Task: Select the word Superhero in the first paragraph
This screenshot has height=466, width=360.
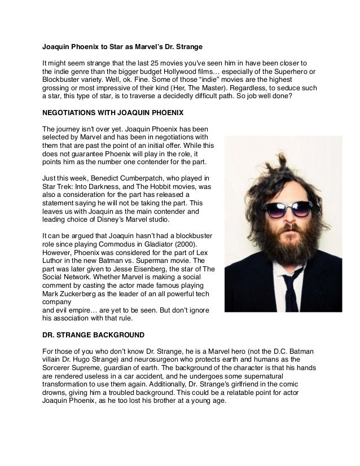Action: (287, 72)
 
